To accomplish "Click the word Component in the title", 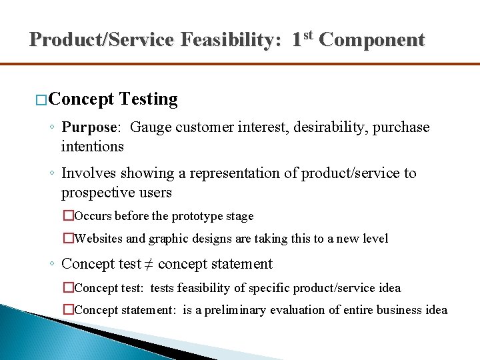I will point(371,40).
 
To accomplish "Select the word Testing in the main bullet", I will point(149,100).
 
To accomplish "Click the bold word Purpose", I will point(89,127).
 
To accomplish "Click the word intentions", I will point(92,145).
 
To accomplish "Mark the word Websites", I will point(99,239).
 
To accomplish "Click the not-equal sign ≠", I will point(149,264).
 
